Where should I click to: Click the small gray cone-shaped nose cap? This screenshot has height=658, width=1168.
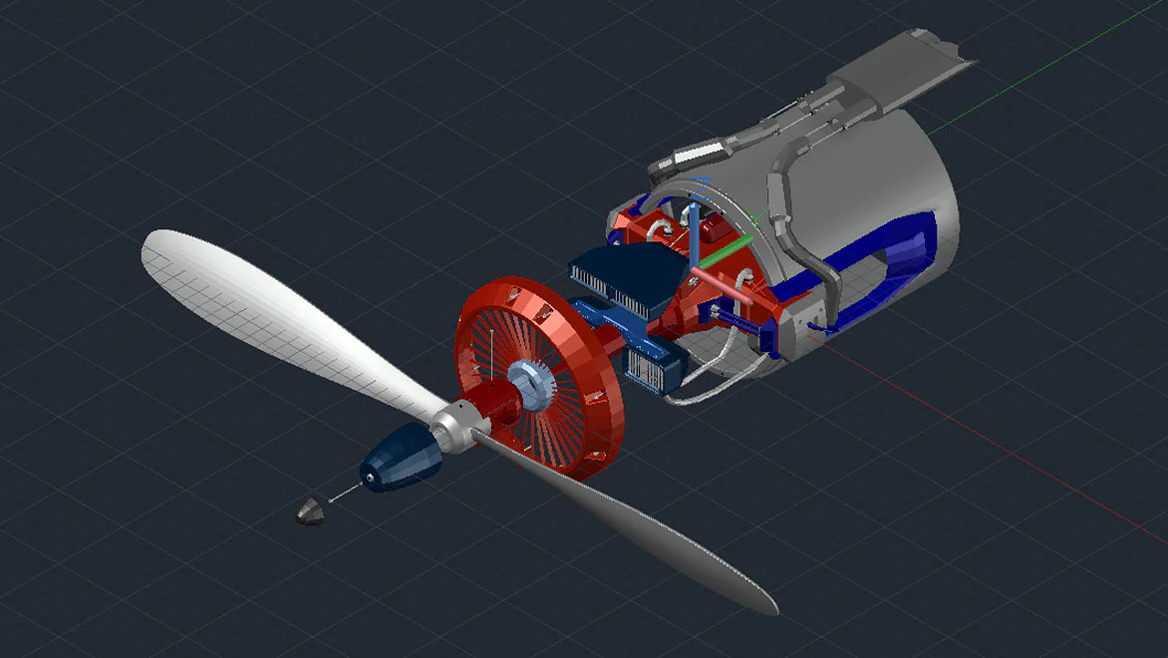click(x=311, y=511)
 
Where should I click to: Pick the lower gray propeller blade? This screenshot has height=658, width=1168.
click(x=648, y=528)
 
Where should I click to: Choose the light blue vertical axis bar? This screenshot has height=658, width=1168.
click(x=692, y=236)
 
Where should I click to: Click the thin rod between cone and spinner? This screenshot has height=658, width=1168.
click(x=344, y=492)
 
